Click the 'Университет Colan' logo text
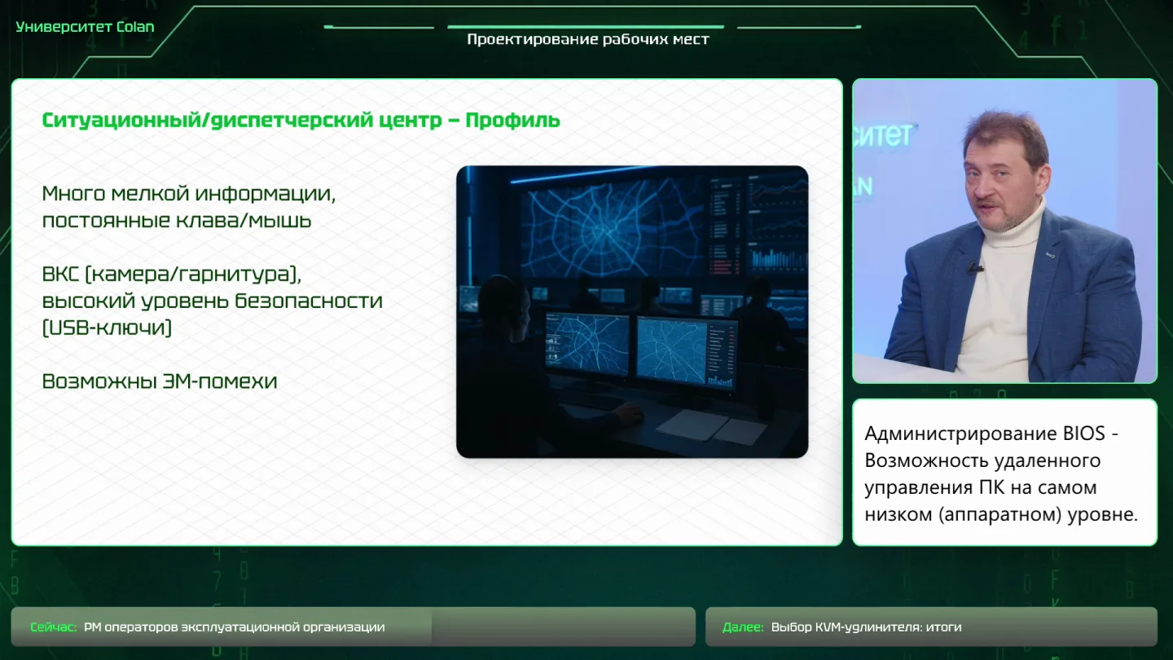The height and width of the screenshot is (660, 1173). click(x=85, y=27)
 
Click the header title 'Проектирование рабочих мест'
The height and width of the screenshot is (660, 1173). click(x=588, y=40)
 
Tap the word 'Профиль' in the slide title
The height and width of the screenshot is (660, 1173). click(x=512, y=121)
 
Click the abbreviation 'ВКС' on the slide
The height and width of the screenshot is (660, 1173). click(x=60, y=274)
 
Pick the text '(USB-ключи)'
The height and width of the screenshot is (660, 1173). click(x=107, y=328)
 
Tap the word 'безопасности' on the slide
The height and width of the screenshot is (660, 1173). click(x=309, y=301)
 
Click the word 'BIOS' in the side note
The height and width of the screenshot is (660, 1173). click(x=1083, y=433)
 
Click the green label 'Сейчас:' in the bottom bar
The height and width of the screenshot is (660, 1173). click(x=54, y=627)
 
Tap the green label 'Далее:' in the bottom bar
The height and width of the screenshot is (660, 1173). click(x=743, y=627)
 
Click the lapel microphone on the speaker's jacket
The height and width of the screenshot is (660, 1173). click(x=974, y=267)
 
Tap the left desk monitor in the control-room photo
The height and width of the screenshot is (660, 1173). click(x=587, y=344)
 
